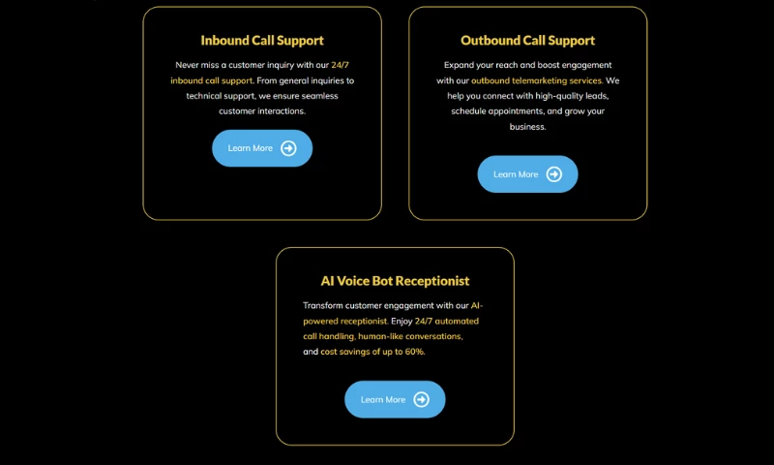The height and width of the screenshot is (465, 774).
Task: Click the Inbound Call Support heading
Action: [x=262, y=41]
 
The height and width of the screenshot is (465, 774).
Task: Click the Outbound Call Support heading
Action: [x=527, y=41]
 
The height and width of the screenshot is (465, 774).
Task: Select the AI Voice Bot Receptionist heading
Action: [x=395, y=281]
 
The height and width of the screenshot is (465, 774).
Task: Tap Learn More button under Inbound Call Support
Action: [x=262, y=148]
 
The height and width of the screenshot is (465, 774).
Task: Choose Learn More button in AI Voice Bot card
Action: [x=395, y=399]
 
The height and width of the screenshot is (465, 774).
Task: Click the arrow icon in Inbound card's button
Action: [x=288, y=148]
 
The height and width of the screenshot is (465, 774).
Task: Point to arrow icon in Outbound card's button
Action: [x=554, y=174]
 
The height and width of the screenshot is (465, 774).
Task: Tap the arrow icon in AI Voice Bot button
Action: [x=422, y=399]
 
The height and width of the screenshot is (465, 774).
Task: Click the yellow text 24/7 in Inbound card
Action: [x=341, y=65]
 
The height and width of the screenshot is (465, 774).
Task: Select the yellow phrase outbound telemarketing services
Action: [x=537, y=80]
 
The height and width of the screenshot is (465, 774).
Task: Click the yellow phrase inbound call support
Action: [x=212, y=80]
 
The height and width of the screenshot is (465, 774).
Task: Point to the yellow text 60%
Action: [x=415, y=352]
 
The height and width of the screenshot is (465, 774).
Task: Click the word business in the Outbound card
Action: [x=527, y=127]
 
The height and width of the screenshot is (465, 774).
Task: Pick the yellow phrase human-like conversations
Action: [x=410, y=336]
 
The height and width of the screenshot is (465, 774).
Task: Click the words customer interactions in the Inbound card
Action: [x=262, y=111]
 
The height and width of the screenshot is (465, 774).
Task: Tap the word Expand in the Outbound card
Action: [x=458, y=65]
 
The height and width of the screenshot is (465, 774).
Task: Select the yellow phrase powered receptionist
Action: [x=345, y=322]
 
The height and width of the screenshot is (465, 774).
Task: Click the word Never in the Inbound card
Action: [x=187, y=65]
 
